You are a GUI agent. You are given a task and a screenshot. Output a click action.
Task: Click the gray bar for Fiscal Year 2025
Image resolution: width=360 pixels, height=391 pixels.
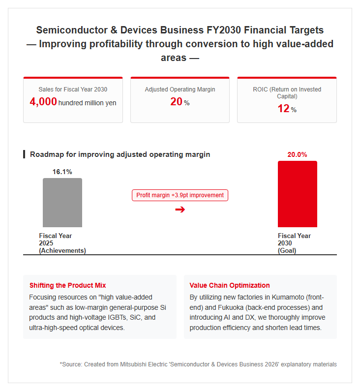(62, 203)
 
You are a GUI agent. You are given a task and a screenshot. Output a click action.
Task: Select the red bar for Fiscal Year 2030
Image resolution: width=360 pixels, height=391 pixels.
(298, 194)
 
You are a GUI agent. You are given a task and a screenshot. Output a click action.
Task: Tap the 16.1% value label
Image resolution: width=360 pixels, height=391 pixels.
(62, 172)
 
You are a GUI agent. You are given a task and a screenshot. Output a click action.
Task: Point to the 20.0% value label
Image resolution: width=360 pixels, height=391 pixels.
(297, 154)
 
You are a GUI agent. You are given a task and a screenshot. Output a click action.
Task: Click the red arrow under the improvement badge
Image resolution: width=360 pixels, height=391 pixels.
(180, 210)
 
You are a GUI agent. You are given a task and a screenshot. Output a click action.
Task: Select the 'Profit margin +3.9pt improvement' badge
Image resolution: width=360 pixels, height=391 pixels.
(180, 195)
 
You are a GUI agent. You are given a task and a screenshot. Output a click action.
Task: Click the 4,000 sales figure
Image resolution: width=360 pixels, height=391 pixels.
(43, 102)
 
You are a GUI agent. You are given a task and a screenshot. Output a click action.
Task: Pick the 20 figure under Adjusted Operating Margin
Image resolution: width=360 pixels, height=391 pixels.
(176, 102)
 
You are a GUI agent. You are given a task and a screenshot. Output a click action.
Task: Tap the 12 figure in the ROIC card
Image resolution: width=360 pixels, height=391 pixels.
(283, 109)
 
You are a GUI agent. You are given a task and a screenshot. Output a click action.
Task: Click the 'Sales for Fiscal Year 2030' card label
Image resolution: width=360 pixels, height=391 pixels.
(73, 90)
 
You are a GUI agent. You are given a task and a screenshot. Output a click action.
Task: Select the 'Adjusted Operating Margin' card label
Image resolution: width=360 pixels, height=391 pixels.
(180, 90)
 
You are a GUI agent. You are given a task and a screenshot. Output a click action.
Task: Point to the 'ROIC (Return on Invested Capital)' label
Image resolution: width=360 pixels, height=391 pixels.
(287, 93)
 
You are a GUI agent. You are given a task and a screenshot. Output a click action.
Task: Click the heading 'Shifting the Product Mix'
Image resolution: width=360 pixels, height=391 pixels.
(67, 285)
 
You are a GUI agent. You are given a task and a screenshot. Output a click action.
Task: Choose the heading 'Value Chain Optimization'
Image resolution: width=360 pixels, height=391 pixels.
(230, 285)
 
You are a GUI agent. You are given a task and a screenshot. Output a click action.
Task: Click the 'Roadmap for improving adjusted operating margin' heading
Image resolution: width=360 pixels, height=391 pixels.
(120, 154)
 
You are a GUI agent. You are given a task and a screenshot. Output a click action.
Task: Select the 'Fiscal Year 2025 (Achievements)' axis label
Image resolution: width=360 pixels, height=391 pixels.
(62, 243)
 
